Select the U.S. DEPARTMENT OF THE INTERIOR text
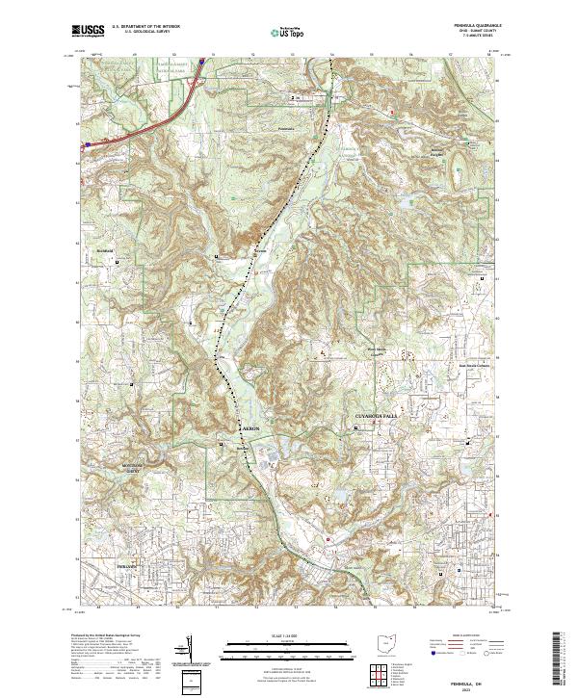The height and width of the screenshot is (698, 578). point(145,27)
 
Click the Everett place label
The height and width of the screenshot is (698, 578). point(257,254)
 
